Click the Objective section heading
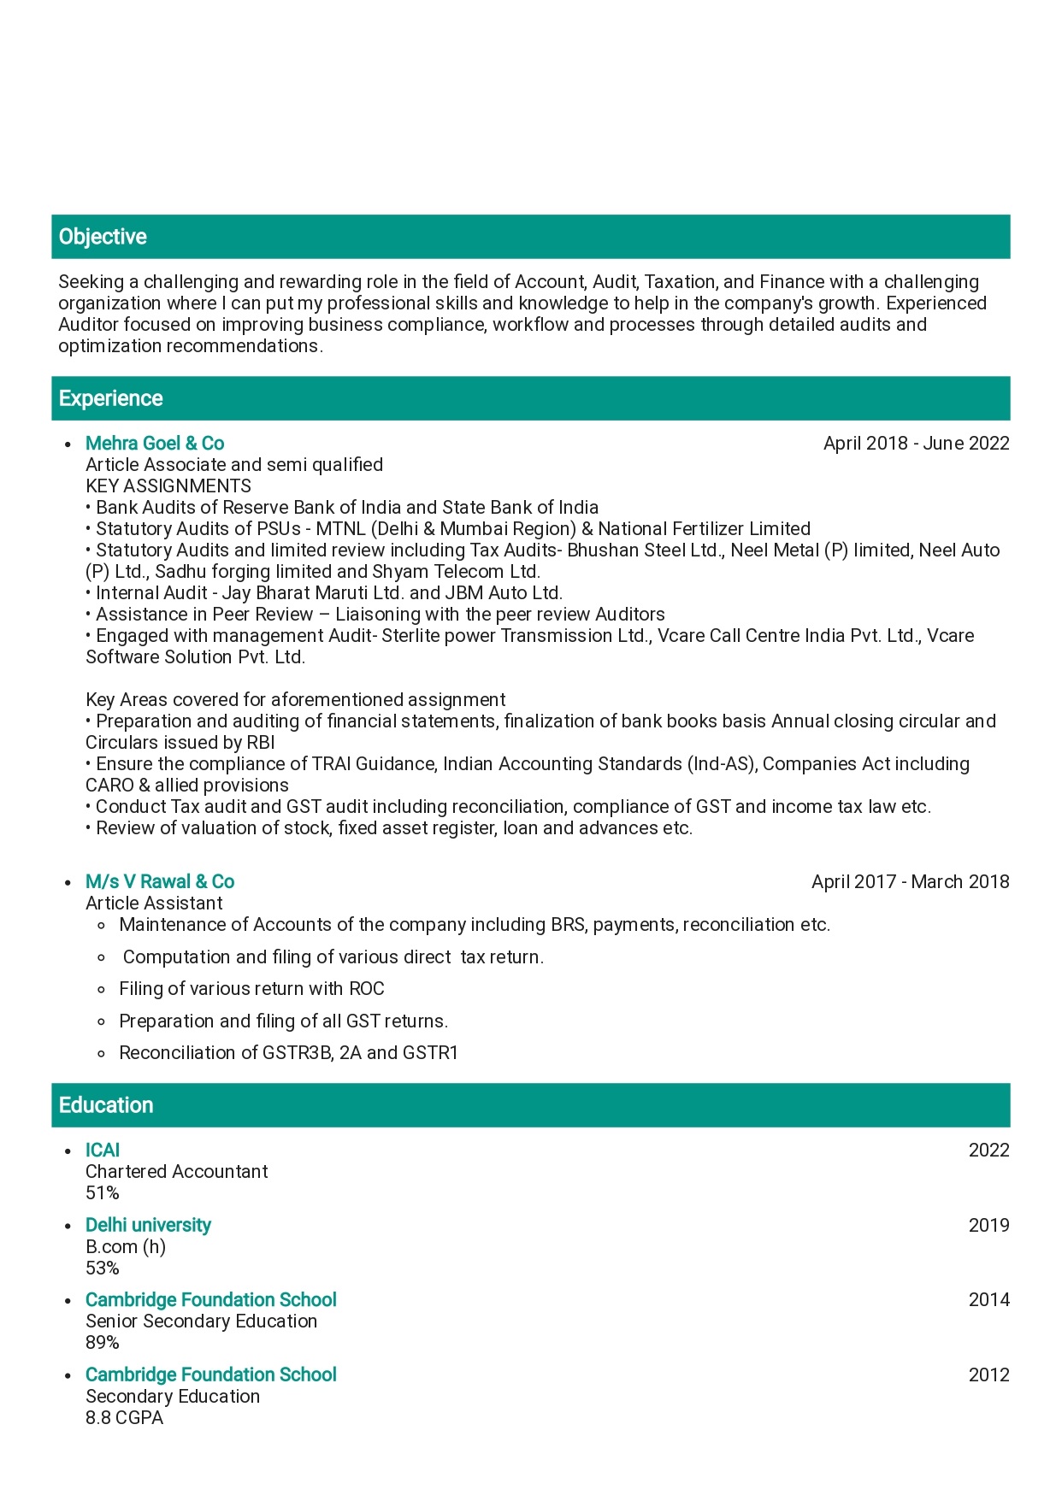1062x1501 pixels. pyautogui.click(x=103, y=237)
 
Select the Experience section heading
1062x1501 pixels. pyautogui.click(x=110, y=398)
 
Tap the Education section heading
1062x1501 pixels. pyautogui.click(x=106, y=1105)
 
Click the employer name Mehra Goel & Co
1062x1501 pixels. pyautogui.click(x=155, y=443)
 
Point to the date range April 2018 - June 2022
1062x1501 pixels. pyautogui.click(x=916, y=443)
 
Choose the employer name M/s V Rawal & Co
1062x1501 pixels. pyautogui.click(x=160, y=881)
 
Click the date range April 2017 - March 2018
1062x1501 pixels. pyautogui.click(x=910, y=881)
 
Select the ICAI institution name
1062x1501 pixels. pyautogui.click(x=103, y=1150)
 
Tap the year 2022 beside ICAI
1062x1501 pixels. pyautogui.click(x=988, y=1150)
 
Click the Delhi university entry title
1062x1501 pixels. pyautogui.click(x=148, y=1225)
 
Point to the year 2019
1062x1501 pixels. pyautogui.click(x=988, y=1225)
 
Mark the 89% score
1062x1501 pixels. pyautogui.click(x=103, y=1342)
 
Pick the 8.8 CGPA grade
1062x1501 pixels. pyautogui.click(x=124, y=1417)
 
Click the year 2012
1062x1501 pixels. pyautogui.click(x=988, y=1374)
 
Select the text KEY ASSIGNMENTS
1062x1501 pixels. pyautogui.click(x=168, y=486)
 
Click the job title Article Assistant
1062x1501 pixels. pyautogui.click(x=154, y=903)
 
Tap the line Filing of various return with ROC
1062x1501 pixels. pyautogui.click(x=251, y=988)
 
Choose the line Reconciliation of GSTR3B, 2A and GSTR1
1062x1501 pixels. pyautogui.click(x=288, y=1052)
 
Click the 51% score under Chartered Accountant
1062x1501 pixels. pyautogui.click(x=103, y=1192)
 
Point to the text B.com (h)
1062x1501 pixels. pyautogui.click(x=126, y=1246)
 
